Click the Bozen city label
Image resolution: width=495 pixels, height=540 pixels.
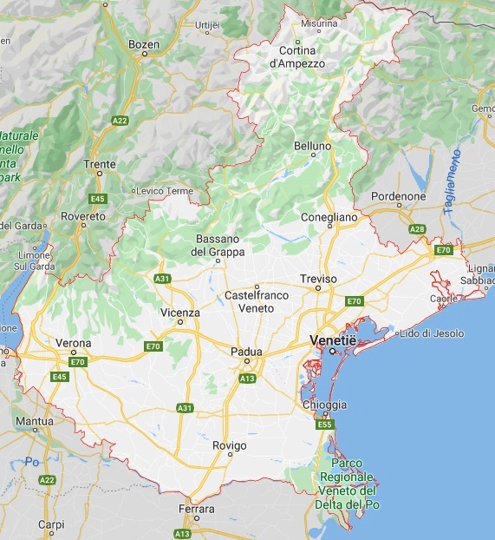(144, 43)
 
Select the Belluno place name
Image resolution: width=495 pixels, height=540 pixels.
(312, 146)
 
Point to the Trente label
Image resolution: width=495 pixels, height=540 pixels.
(99, 163)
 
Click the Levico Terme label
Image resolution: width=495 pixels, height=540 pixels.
(166, 190)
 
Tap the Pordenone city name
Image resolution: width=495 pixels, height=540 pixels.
(398, 196)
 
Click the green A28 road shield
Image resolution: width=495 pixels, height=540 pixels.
(418, 229)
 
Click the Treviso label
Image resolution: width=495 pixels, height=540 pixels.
(317, 279)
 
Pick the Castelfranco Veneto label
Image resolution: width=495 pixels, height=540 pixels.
(257, 301)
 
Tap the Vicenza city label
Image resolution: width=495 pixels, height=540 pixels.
(180, 313)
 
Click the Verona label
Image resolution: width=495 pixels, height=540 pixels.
(73, 343)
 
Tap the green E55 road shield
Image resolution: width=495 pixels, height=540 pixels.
(325, 425)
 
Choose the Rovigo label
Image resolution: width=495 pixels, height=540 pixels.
(230, 445)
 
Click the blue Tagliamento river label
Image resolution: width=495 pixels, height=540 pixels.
(455, 179)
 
